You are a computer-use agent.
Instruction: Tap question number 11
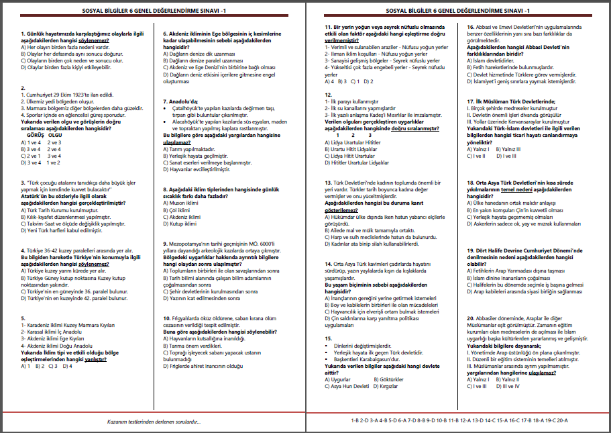[328, 27]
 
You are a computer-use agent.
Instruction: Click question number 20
[470, 318]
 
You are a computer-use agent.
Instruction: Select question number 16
[470, 27]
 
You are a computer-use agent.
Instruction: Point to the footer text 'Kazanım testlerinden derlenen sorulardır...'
[154, 422]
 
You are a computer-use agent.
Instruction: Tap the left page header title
[153, 11]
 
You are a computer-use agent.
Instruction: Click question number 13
[328, 183]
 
